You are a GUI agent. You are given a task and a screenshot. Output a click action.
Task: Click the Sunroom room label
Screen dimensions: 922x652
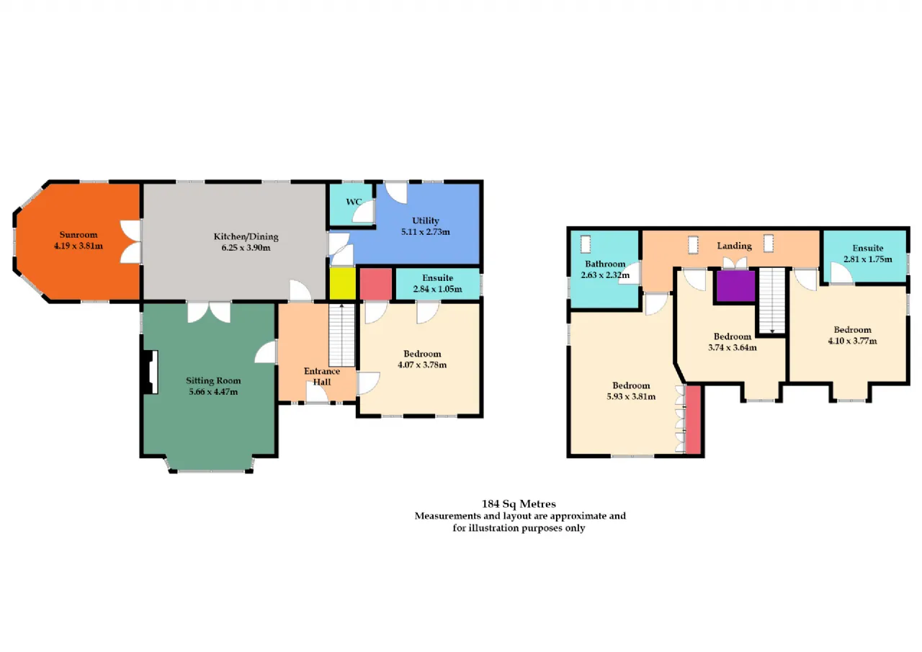(79, 235)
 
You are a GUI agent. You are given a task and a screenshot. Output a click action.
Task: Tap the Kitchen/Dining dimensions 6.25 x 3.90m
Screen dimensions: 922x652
(246, 248)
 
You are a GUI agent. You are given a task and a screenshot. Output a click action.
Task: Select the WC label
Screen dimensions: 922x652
(354, 202)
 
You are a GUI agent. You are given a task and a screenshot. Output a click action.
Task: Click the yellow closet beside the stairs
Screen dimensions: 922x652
(342, 284)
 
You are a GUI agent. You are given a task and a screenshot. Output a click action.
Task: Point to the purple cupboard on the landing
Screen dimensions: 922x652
(736, 286)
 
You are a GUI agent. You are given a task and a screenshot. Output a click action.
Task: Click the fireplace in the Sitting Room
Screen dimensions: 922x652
(151, 372)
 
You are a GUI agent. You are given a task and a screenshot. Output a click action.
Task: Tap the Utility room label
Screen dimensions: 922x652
(425, 220)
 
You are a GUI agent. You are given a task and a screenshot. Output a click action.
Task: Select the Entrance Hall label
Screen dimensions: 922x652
(322, 377)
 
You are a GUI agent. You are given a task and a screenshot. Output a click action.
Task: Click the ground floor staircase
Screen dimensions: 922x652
(341, 335)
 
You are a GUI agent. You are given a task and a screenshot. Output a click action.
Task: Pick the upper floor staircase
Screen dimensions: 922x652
(772, 301)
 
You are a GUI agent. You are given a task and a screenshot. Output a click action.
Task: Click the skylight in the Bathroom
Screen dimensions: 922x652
(586, 244)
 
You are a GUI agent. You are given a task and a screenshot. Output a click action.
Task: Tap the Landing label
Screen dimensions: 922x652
(734, 246)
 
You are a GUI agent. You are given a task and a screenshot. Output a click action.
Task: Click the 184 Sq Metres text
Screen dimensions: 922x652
(519, 504)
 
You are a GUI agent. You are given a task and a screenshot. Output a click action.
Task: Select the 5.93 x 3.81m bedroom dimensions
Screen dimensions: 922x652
(631, 397)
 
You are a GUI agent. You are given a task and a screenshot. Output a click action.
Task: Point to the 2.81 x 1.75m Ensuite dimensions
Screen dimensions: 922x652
(868, 259)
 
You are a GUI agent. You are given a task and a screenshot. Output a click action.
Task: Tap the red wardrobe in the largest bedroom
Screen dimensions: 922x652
(694, 419)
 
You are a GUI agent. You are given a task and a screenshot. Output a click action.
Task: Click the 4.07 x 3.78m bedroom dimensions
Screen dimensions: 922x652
(422, 365)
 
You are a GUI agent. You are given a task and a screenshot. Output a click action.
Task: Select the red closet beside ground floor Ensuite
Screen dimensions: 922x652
(376, 284)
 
